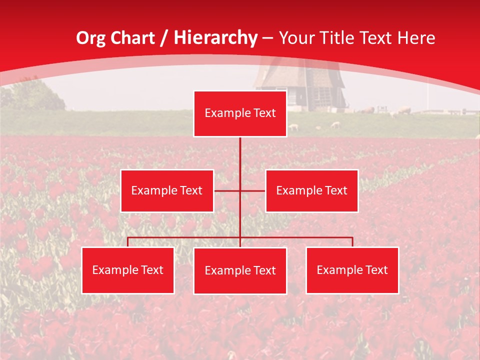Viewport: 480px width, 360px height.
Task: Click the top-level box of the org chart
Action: coord(240,113)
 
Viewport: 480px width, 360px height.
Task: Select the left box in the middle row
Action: coord(167,190)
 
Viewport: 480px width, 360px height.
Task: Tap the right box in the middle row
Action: coord(311,190)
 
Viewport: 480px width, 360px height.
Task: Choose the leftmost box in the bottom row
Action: coord(127,270)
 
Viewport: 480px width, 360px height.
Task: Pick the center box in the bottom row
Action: coord(240,270)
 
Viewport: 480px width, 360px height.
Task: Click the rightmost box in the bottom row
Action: coord(352,270)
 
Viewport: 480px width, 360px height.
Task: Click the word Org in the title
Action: coord(90,38)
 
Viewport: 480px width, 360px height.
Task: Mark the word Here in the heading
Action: coord(416,38)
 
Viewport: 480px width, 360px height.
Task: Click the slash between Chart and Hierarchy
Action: coord(164,38)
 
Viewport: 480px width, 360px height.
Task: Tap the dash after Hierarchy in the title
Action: coord(268,38)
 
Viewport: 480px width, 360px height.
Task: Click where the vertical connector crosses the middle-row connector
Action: coord(240,190)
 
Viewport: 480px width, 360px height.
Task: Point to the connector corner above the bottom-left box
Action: coord(127,237)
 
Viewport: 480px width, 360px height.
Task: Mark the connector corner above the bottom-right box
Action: coord(352,237)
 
